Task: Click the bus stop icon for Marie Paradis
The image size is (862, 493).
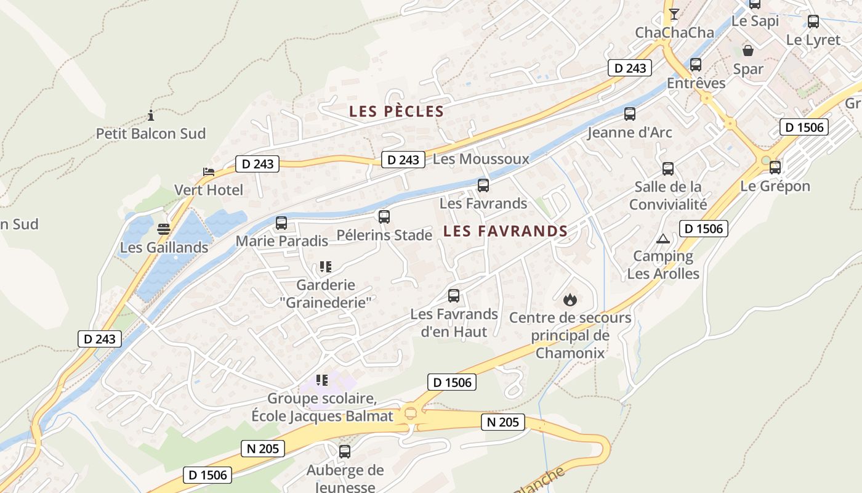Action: tap(281, 223)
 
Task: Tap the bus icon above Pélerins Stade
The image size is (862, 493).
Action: tap(384, 217)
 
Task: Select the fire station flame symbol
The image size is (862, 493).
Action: tap(570, 300)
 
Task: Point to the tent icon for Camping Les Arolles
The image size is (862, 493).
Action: tap(663, 238)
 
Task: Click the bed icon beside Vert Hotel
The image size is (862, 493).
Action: tap(209, 172)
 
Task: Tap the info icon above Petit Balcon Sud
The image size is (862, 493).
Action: tap(151, 115)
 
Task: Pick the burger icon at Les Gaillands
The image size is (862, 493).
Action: tap(163, 229)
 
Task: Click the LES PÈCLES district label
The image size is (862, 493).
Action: tap(397, 112)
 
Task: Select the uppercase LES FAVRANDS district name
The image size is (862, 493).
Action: tap(505, 232)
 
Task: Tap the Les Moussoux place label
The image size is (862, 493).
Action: tap(481, 159)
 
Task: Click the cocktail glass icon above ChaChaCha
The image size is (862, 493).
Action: tap(674, 14)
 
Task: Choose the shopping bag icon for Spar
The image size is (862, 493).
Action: tap(748, 51)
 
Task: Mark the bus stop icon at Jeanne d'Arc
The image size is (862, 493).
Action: tap(629, 114)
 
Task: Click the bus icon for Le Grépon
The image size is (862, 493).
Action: tap(775, 168)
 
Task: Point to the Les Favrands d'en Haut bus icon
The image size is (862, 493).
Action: tap(454, 296)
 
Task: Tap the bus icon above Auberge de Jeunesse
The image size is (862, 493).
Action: tap(345, 452)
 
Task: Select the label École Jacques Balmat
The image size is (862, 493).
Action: tap(322, 416)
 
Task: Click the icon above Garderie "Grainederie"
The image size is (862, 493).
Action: tap(324, 267)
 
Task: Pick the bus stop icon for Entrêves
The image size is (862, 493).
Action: tap(696, 65)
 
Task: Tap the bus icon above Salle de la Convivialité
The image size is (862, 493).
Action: tap(668, 169)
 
